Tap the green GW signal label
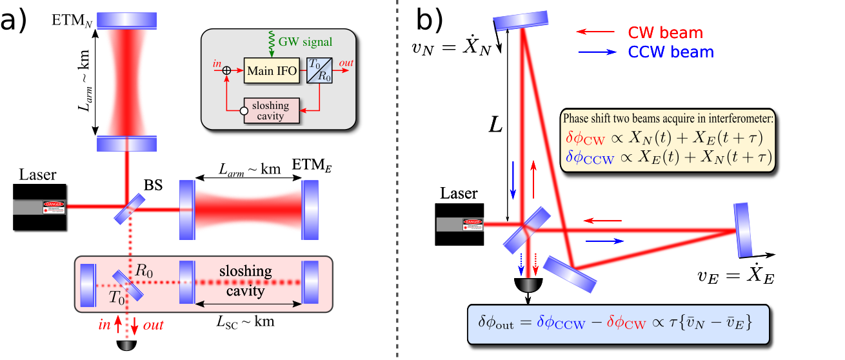click(x=305, y=42)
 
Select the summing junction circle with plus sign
click(x=226, y=70)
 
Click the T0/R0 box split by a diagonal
click(x=319, y=70)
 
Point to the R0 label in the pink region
click(x=144, y=271)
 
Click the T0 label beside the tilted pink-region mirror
click(x=117, y=297)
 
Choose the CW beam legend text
click(x=665, y=32)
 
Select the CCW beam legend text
click(x=670, y=52)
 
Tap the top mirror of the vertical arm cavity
click(x=126, y=20)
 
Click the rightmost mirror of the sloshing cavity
click(x=310, y=282)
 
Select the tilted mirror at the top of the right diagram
click(x=521, y=21)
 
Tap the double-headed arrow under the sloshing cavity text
click(x=248, y=304)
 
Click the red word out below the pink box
click(x=153, y=325)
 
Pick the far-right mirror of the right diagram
click(x=743, y=230)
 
